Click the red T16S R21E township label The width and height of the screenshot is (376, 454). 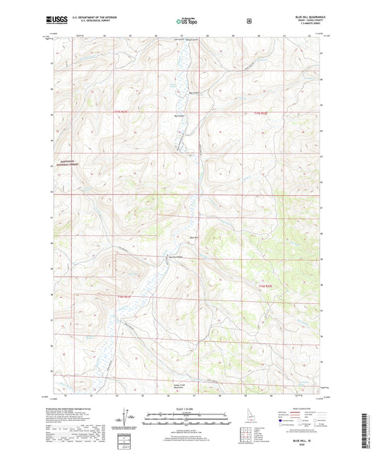pos(122,297)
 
